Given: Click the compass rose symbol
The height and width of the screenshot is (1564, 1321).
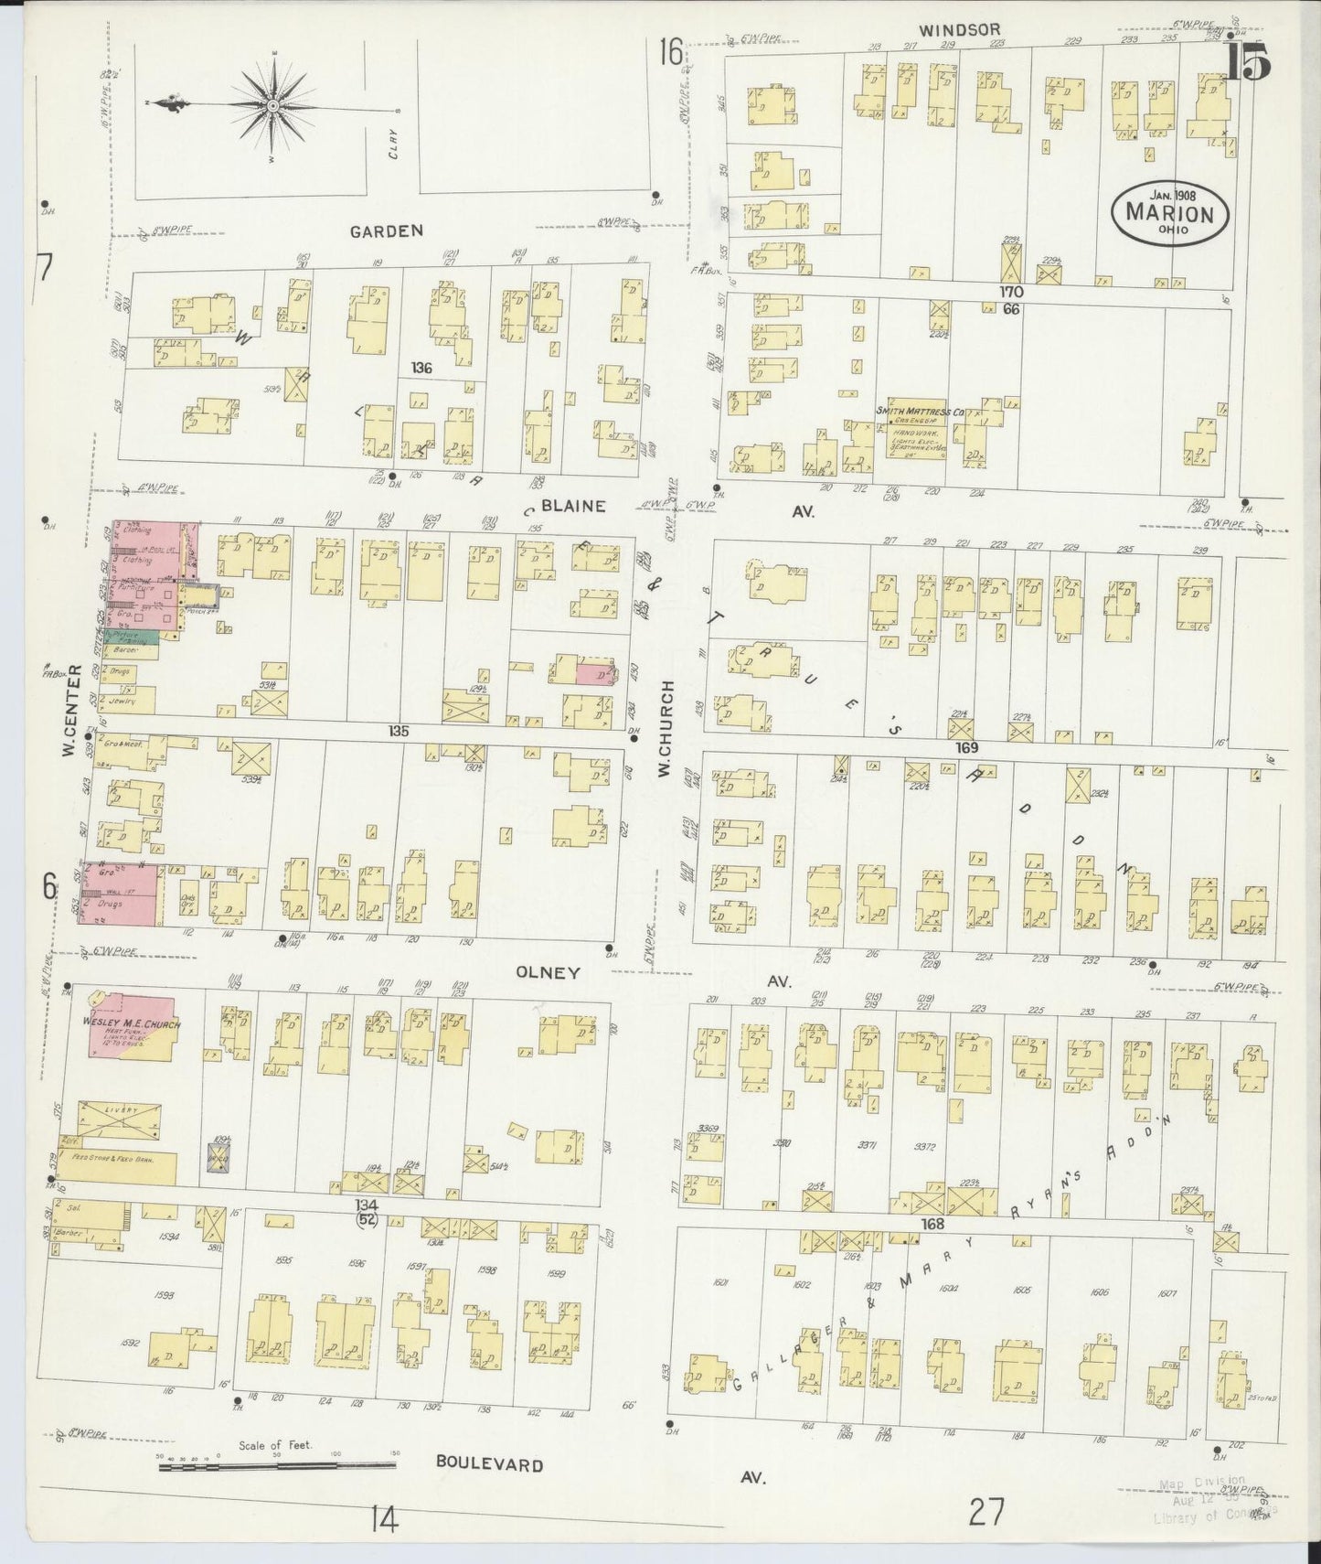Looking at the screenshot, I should [272, 107].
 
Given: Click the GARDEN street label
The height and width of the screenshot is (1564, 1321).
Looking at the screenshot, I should [387, 231].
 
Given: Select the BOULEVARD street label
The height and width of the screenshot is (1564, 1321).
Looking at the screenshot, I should [489, 1463].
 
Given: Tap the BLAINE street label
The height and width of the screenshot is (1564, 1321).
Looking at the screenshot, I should [572, 506].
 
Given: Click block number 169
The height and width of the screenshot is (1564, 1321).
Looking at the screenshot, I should [967, 747].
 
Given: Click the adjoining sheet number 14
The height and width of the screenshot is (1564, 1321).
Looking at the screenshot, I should [384, 1521].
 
